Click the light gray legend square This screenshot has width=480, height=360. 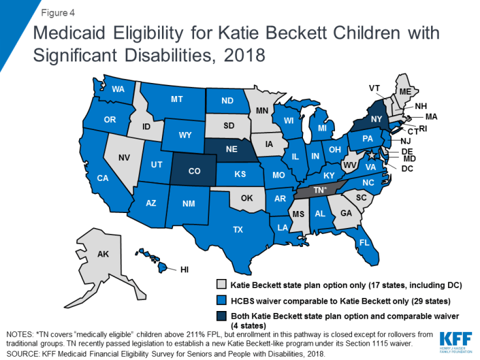pyautogui.click(x=223, y=286)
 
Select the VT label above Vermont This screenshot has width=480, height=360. pyautogui.click(x=375, y=88)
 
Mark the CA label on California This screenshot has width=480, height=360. pyautogui.click(x=103, y=178)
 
